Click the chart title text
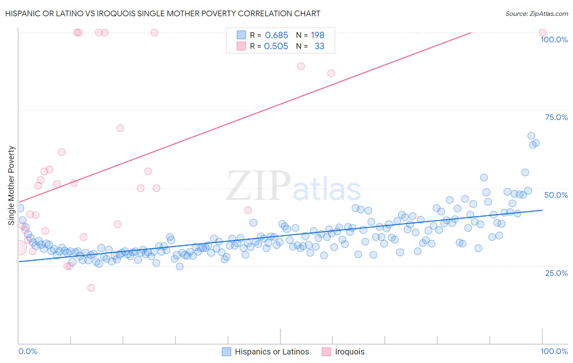[163, 13]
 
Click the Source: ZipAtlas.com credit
[536, 13]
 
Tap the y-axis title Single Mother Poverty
[11, 186]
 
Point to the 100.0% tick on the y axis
[554, 39]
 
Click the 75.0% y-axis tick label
[556, 117]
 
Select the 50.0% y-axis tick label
[556, 195]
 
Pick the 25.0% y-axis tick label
[556, 273]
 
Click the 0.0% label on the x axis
[28, 351]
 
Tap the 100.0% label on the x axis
[554, 351]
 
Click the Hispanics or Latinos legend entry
[271, 352]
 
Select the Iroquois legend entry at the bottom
[349, 352]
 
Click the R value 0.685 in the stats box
[276, 35]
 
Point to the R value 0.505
[276, 46]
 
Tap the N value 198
[317, 35]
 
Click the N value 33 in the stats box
[319, 46]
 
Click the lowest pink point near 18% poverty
[91, 288]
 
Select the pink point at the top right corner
[542, 33]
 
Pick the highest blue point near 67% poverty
[531, 136]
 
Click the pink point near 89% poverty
[301, 66]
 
